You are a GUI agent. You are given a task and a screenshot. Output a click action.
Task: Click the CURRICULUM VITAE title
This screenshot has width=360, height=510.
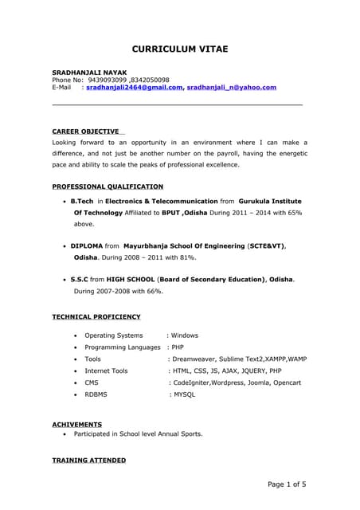179,49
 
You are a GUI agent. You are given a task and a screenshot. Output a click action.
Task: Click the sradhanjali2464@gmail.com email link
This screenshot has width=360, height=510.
134,88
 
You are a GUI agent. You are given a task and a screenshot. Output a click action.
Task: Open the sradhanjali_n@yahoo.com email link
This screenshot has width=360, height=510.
231,88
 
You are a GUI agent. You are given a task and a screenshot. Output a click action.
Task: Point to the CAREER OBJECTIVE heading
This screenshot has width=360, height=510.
85,131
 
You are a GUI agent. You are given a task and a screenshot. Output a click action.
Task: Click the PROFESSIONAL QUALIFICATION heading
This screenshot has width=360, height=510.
108,186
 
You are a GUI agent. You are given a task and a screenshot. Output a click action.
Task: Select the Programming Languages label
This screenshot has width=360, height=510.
123,347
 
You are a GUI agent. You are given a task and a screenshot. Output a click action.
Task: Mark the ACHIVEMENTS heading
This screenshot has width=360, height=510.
76,424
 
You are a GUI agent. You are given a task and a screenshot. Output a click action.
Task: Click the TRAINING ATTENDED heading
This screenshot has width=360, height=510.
88,461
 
